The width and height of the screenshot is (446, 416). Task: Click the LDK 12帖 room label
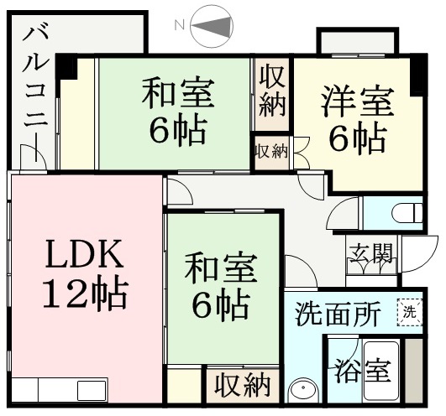coord(85,274)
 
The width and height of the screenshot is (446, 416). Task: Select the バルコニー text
coord(35,94)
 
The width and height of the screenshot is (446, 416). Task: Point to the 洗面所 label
coord(338,314)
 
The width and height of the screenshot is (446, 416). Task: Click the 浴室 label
coord(362,372)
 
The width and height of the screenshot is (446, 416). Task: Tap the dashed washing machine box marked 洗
coord(410,312)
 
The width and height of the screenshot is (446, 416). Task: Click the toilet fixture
coord(407,213)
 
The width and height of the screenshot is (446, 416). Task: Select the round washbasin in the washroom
coord(303,390)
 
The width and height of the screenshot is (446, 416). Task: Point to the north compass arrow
coord(211,26)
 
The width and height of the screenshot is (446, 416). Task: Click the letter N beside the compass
coord(179,26)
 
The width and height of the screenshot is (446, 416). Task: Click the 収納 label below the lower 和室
coord(243,385)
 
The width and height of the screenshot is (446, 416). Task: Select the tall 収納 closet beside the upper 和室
coord(272,94)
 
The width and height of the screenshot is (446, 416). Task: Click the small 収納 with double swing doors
coord(272,153)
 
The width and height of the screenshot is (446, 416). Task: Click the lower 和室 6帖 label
coord(221,284)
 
